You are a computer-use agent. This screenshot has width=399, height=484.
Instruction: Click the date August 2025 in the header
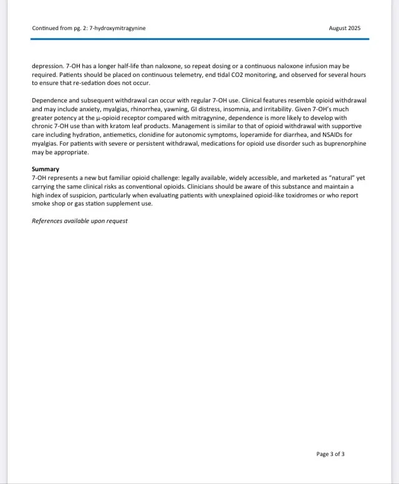(344, 28)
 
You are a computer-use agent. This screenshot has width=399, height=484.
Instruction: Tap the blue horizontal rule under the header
(199, 39)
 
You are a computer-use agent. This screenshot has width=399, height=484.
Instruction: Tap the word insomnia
(263, 109)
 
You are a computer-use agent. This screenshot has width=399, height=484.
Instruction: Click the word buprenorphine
(341, 144)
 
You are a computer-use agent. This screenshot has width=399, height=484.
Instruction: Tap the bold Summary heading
(46, 169)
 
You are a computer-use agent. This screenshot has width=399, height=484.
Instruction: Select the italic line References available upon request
(80, 221)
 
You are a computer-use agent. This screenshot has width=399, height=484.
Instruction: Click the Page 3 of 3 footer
(330, 454)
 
